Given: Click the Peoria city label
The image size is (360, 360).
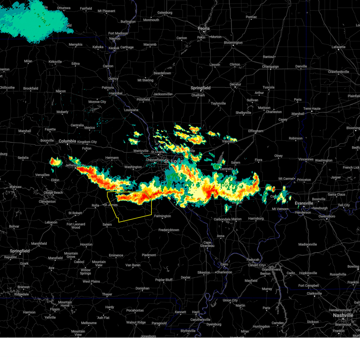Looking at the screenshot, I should (203, 28).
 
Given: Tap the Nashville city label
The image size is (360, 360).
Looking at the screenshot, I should (343, 315).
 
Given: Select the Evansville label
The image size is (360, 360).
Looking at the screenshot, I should (304, 203).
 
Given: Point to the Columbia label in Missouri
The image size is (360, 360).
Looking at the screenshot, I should (67, 141).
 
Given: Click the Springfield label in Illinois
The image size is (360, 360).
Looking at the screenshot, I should (200, 88).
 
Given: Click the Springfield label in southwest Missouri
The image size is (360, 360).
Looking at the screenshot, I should (20, 251).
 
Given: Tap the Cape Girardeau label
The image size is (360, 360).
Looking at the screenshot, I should (207, 244).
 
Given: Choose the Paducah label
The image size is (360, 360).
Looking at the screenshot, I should (253, 260).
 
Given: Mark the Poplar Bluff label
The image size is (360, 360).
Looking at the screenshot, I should (164, 280).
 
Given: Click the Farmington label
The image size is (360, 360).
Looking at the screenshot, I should (162, 216).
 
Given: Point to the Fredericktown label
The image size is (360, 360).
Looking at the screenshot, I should (169, 230).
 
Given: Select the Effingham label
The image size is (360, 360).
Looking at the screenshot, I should (256, 131).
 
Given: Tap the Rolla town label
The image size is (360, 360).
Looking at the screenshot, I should (95, 205).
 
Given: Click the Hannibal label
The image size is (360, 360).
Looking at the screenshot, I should (116, 93).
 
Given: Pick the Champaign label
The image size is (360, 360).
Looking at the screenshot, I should (270, 67).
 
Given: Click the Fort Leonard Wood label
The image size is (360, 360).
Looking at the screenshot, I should (76, 226).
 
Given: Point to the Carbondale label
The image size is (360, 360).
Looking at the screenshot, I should (222, 219).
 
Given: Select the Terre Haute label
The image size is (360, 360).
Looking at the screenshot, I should (312, 109).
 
